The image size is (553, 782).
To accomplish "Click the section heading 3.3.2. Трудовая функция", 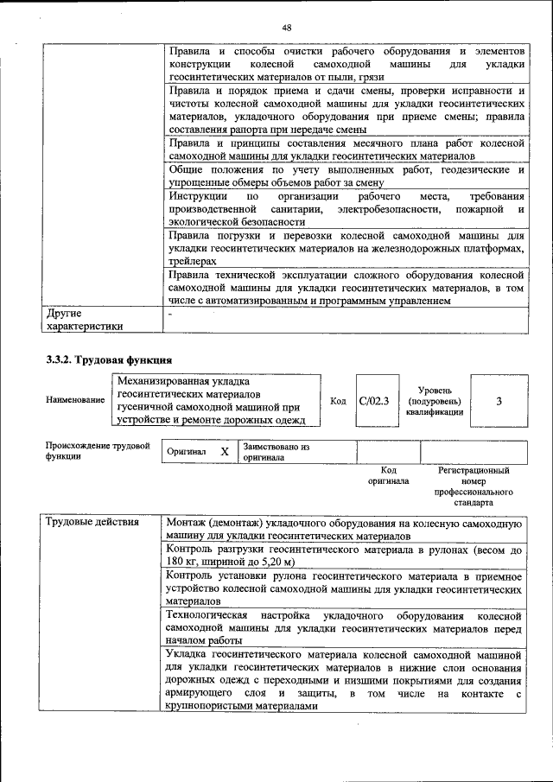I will (109, 359).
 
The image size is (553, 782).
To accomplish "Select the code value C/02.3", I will (374, 401).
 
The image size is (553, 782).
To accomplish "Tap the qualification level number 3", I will (499, 401).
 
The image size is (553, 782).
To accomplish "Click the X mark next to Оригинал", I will (224, 452).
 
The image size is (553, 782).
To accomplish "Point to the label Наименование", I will (76, 401).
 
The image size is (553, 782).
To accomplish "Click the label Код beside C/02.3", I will (338, 401).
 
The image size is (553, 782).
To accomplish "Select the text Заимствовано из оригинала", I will (276, 452).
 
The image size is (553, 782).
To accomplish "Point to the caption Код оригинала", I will (388, 476).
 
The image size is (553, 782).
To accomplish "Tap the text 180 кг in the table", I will (187, 562).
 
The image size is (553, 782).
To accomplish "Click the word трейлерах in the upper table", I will (193, 260).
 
